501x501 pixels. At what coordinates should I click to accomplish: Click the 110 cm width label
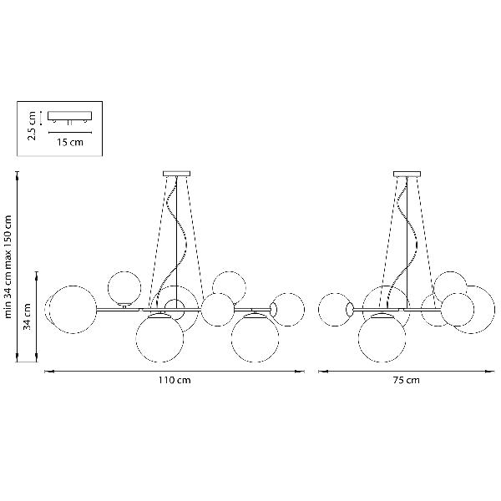tap(175, 380)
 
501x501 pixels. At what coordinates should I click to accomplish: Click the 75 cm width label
tap(406, 380)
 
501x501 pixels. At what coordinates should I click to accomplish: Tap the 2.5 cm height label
tap(32, 125)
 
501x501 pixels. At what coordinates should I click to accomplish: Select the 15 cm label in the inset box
tap(70, 142)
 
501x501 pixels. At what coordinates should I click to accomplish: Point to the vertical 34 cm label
tap(27, 316)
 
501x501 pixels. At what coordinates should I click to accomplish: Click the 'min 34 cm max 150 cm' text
tap(8, 267)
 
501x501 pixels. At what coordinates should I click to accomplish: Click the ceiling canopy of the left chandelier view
tap(177, 174)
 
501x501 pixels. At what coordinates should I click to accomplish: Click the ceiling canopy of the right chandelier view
tap(407, 174)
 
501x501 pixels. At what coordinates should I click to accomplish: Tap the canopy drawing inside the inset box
tap(69, 116)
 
